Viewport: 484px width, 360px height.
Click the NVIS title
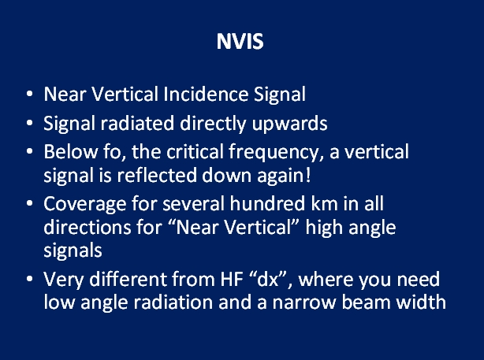tap(240, 41)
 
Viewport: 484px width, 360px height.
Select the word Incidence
tap(206, 94)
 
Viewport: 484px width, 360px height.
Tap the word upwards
tap(289, 124)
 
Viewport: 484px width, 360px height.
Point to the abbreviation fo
tap(112, 151)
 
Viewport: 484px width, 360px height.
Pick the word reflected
tap(157, 175)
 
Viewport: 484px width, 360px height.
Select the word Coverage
tap(85, 205)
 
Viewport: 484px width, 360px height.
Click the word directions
tap(87, 227)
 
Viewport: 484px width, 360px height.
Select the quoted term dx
tap(271, 279)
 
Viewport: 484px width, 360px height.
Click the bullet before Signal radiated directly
tap(30, 123)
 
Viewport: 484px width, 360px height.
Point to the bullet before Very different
tap(30, 279)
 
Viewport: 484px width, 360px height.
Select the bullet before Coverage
tap(30, 203)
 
